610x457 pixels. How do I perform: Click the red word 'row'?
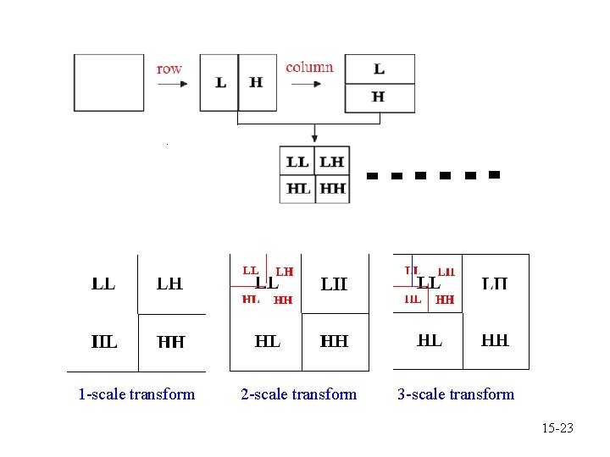[169, 69]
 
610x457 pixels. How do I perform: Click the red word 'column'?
[309, 67]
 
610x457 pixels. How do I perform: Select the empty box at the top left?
[108, 82]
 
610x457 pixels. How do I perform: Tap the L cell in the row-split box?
[220, 82]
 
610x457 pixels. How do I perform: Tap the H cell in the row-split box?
[257, 82]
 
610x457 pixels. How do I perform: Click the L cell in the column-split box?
[379, 69]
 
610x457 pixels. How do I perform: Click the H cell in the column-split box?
[379, 97]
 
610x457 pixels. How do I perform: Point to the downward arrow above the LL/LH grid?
[314, 134]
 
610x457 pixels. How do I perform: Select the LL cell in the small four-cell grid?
[297, 162]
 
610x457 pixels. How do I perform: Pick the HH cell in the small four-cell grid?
[333, 189]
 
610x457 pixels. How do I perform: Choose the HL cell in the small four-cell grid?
[297, 189]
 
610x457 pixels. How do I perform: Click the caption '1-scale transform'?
[136, 394]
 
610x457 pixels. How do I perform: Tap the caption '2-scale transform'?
[299, 394]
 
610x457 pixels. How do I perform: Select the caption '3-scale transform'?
[456, 394]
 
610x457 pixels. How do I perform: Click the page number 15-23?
[557, 428]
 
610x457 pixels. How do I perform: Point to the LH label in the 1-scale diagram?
[169, 284]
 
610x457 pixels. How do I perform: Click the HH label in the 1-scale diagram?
[171, 342]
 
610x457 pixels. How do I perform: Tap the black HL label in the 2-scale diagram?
[268, 341]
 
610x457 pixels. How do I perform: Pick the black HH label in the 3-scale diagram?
[495, 340]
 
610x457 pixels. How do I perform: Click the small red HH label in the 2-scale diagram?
[283, 300]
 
